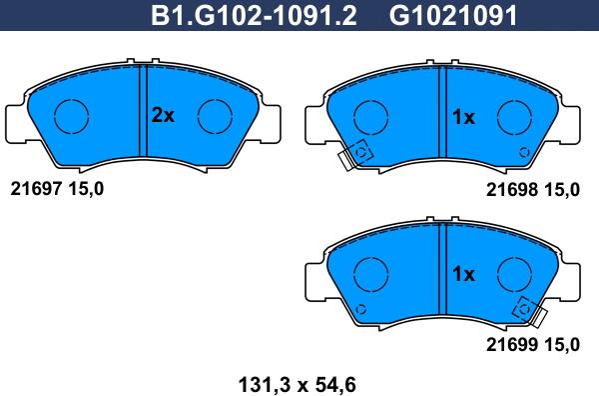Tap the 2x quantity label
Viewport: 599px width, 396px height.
pos(163,116)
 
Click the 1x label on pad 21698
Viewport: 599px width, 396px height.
pos(462,117)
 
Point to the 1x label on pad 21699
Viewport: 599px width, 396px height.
pos(462,273)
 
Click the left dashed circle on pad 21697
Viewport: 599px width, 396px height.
pos(71,116)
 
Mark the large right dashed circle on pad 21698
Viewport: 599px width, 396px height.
pos(515,116)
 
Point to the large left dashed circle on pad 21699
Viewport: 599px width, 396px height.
pos(370,272)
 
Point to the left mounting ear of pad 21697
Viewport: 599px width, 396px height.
pos(18,122)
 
